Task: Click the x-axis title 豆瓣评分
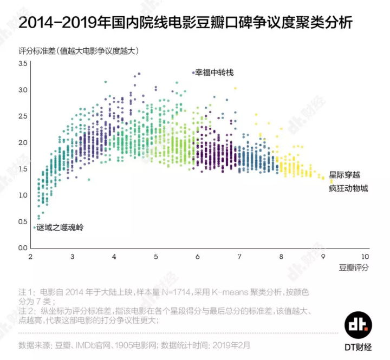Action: point(354,267)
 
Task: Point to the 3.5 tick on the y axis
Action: point(22,64)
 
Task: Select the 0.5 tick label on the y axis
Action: point(22,221)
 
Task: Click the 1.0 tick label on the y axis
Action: point(22,195)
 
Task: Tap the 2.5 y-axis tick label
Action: point(22,116)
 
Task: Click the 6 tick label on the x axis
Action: point(198,256)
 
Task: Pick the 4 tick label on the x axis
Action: point(114,256)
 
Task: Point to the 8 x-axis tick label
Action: point(281,256)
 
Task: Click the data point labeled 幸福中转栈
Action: point(193,72)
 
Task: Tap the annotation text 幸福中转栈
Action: point(214,72)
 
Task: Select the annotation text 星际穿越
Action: point(344,175)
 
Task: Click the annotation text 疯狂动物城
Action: point(348,188)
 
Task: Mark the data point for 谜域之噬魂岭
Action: point(34,227)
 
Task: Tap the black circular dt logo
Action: point(357,324)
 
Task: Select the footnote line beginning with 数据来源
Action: point(135,344)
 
